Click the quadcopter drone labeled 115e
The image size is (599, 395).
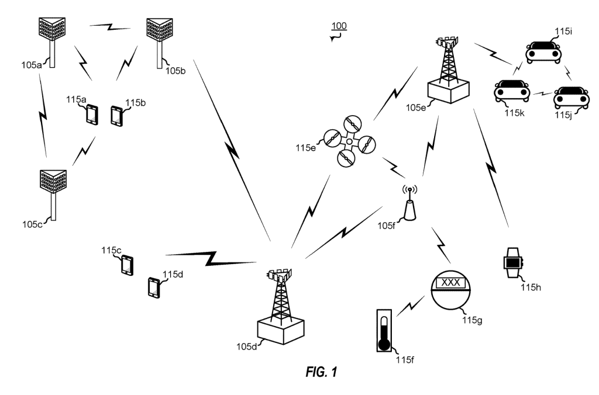pos(350,141)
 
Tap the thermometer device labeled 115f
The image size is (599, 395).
pos(384,331)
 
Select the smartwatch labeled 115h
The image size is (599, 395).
pos(513,263)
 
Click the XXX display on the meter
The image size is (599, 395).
pos(450,283)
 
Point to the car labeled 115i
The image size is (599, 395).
pos(543,52)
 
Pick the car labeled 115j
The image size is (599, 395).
pos(572,98)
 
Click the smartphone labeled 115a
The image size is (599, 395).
pos(92,115)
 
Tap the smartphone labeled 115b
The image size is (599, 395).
pos(116,116)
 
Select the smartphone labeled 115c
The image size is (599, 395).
pos(127,265)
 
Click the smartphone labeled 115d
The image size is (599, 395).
pos(154,287)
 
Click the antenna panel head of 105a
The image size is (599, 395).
pos(52,29)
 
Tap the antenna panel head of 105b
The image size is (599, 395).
pos(160,29)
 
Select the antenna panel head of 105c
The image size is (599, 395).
pos(53,181)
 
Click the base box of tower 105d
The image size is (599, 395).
pos(281,331)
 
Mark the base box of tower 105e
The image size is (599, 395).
pos(449,91)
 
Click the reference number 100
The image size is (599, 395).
pos(339,26)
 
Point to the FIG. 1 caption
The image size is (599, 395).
pos(322,372)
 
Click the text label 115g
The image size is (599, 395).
pos(472,320)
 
